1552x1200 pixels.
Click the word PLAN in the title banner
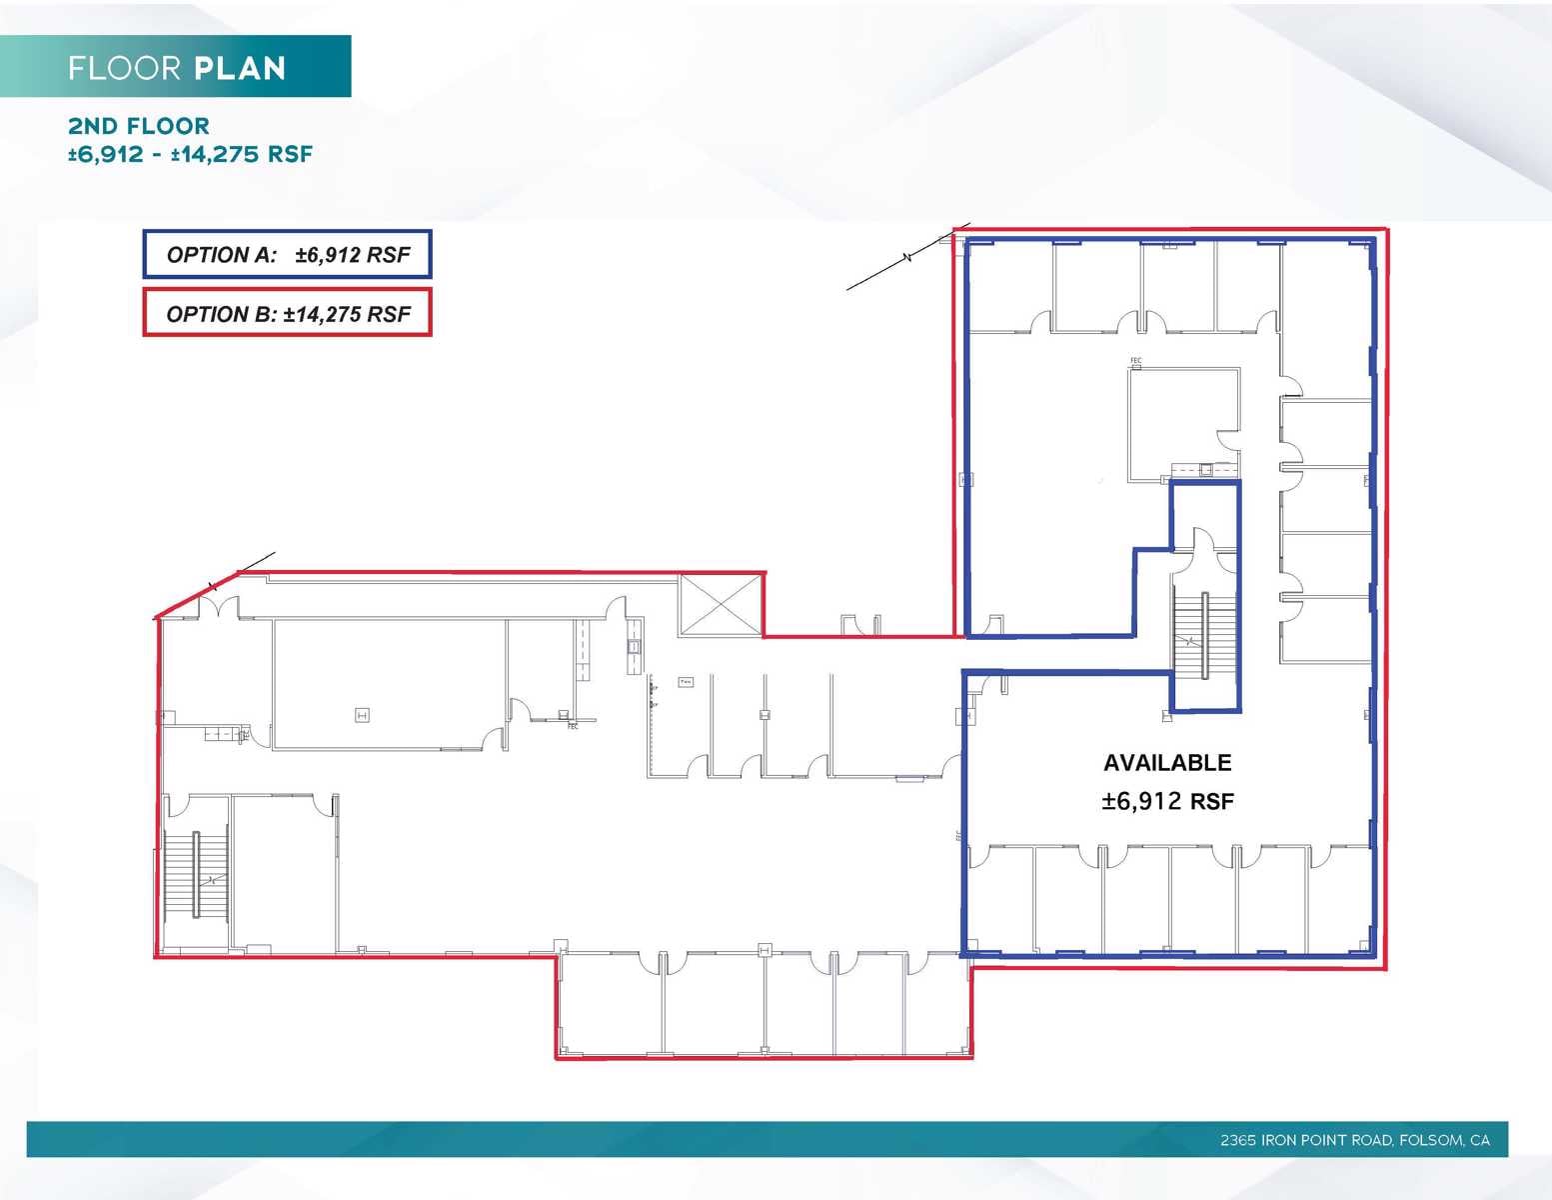240,68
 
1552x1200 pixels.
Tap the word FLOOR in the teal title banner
125,68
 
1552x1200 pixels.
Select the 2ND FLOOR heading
139,126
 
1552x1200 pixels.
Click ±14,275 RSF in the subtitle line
242,154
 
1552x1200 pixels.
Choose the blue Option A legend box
287,255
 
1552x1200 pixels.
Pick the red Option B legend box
287,313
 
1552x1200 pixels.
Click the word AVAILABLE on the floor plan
1167,763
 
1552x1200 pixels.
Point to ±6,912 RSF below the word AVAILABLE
1167,801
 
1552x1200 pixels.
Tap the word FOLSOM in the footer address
1430,1140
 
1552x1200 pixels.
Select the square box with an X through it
720,604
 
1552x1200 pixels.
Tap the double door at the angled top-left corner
219,606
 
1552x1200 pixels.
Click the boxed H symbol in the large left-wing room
363,715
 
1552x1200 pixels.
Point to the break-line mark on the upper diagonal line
907,259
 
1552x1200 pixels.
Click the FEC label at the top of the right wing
1135,361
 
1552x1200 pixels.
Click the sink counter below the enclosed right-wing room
1204,469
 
